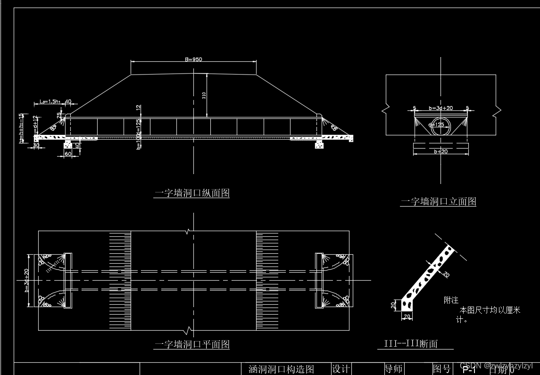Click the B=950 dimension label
(x=193, y=59)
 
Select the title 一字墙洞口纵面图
(x=192, y=193)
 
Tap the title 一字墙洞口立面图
(x=438, y=201)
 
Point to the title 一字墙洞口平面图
(x=192, y=344)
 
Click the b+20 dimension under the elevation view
(x=441, y=151)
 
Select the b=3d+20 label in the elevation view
(x=440, y=108)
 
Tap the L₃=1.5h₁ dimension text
(x=50, y=101)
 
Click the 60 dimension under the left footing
(x=67, y=154)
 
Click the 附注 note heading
(x=451, y=300)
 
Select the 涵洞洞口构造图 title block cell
(x=281, y=369)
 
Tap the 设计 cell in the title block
(x=341, y=369)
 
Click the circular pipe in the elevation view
(x=440, y=126)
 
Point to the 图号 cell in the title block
(x=442, y=369)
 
